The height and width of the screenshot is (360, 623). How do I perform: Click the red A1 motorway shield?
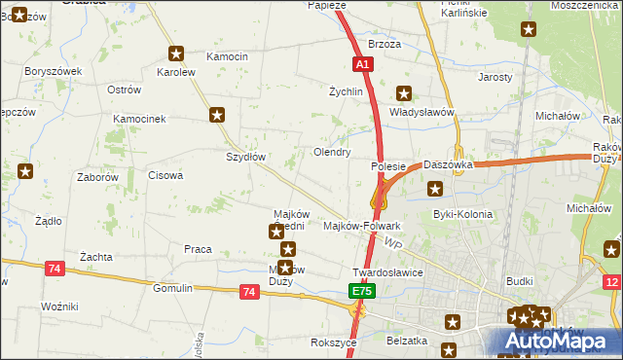pos(362,64)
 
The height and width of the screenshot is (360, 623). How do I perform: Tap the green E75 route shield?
pos(361,291)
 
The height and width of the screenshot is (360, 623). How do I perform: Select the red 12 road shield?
pos(611,282)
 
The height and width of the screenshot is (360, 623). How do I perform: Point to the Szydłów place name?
pos(246,157)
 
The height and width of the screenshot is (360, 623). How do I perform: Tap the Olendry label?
pos(332,153)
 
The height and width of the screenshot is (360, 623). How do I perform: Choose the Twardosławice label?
pos(387,273)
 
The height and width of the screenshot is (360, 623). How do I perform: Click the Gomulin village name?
pos(172,289)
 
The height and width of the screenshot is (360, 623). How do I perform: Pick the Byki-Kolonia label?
pos(462,214)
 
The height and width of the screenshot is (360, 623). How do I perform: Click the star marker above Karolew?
pos(176,54)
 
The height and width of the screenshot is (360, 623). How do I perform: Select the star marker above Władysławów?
pos(404,94)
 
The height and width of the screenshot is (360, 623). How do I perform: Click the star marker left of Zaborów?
pos(25,173)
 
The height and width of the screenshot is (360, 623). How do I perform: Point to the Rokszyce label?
pos(330,342)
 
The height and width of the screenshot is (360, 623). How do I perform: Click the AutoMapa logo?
pos(560,341)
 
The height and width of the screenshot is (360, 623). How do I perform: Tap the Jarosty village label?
pos(495,76)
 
